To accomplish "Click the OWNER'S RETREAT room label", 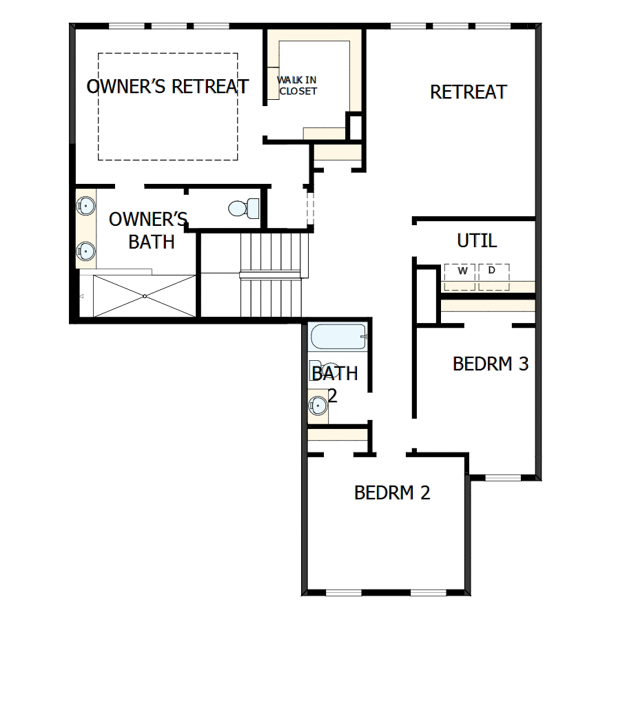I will point(167,87).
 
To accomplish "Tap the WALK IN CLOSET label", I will point(298,85).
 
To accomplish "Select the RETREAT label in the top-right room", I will point(469,92).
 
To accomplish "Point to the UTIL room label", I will point(477,241).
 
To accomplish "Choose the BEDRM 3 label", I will point(490,364).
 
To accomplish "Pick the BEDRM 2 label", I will point(392,492).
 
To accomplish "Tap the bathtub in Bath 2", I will point(338,338).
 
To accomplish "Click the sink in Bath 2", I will point(318,405).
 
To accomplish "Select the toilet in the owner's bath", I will point(242,207).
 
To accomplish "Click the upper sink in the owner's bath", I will point(85,205).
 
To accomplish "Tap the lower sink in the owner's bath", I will point(85,251).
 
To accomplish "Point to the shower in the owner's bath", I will point(145,295).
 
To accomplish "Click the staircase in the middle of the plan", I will point(271,274).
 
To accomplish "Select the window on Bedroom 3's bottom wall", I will point(503,477).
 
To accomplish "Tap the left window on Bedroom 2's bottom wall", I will point(343,592).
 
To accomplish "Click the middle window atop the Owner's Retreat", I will point(169,26).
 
